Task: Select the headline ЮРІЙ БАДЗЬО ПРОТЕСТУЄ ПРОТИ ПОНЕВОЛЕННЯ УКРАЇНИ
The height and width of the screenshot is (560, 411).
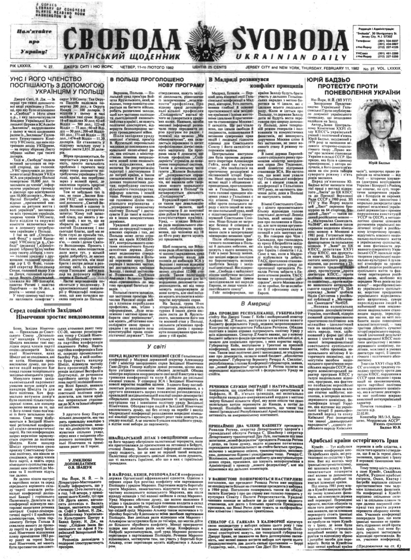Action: pyautogui.click(x=366, y=89)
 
